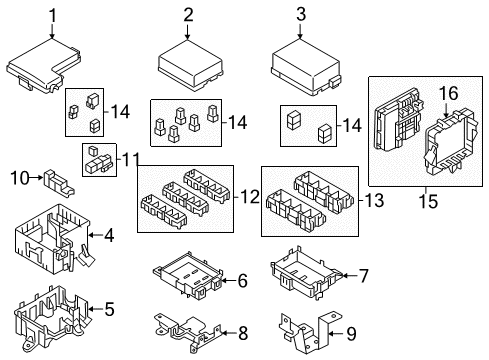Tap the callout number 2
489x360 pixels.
click(188, 15)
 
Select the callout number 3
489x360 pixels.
click(300, 15)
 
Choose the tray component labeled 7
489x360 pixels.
click(306, 273)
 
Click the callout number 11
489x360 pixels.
click(128, 160)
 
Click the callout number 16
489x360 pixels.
click(446, 92)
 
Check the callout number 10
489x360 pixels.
click(16, 179)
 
